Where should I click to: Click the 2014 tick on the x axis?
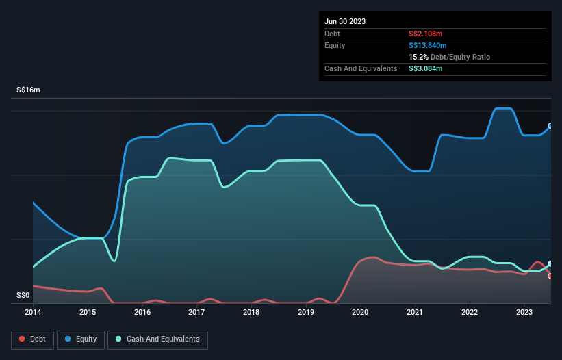(33, 313)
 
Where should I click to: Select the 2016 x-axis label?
(142, 313)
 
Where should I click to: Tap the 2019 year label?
(306, 313)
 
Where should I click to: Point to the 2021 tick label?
(415, 313)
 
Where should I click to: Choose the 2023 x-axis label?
(524, 313)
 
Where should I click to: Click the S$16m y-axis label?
(29, 90)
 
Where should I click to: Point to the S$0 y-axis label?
(23, 296)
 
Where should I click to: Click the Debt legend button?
(32, 339)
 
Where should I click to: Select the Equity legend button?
(81, 339)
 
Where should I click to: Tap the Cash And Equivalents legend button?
(157, 339)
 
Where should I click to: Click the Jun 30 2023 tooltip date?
(345, 21)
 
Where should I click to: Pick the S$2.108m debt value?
(426, 34)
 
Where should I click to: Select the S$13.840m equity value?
(428, 45)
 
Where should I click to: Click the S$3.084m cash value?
(426, 68)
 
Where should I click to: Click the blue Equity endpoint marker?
(550, 126)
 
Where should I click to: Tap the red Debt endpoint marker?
(550, 276)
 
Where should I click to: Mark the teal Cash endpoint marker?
(550, 264)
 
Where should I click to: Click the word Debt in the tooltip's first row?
(332, 34)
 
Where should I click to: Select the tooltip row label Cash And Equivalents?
(361, 68)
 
